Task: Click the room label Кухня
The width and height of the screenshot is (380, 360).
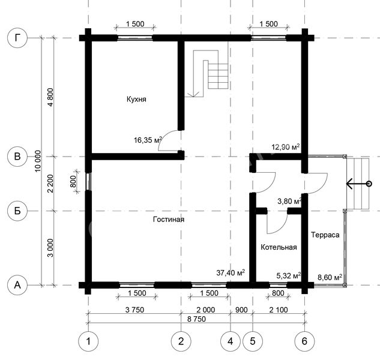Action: [136, 100]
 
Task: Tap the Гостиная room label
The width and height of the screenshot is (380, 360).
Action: [169, 219]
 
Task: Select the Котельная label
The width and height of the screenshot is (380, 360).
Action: [279, 247]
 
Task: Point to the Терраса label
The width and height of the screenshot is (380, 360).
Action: [325, 235]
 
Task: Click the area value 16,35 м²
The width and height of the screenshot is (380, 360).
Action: [148, 140]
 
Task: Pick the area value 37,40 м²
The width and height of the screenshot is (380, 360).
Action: [231, 272]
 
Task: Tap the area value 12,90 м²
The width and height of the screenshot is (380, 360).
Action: [286, 147]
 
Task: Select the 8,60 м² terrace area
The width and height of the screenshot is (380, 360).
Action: [330, 277]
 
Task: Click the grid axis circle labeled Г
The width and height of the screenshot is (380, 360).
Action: [17, 38]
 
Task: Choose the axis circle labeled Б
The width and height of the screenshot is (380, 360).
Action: [17, 211]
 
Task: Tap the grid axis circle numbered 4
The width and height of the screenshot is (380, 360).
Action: [231, 341]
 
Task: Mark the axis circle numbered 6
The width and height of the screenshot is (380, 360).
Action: [304, 341]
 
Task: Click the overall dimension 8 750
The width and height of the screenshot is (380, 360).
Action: [196, 319]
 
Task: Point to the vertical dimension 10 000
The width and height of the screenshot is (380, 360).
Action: [38, 161]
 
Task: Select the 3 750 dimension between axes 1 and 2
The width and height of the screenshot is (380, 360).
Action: [134, 310]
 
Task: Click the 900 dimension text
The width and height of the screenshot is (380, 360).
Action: [241, 310]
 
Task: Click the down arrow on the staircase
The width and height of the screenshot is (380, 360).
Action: [193, 94]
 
